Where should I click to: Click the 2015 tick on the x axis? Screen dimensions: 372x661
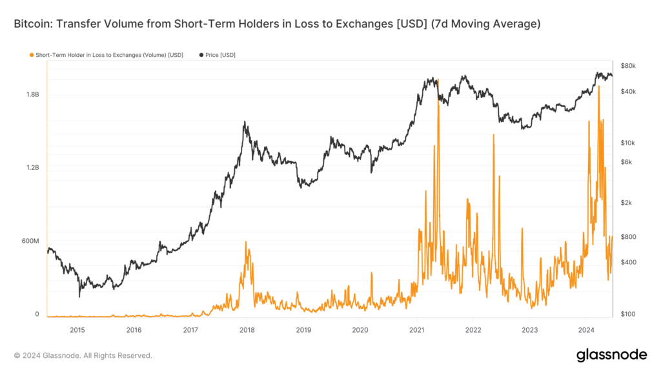click(x=77, y=330)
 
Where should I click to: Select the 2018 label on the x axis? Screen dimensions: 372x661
click(x=247, y=330)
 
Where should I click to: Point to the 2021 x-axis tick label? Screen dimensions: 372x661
click(x=416, y=330)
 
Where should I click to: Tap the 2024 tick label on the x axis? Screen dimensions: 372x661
click(x=586, y=330)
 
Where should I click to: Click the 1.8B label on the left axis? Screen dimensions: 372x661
click(x=32, y=94)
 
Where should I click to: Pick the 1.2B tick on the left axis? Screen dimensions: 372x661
click(x=32, y=168)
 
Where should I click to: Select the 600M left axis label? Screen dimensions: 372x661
click(x=30, y=241)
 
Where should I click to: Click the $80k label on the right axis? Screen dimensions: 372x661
click(x=628, y=66)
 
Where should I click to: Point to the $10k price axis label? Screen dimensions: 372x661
click(x=628, y=143)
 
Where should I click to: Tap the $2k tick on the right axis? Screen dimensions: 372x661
click(x=627, y=203)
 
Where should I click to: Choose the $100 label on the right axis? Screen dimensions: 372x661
click(x=627, y=314)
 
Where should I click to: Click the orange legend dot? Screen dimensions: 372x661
click(x=32, y=55)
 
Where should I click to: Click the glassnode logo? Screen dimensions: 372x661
click(x=611, y=355)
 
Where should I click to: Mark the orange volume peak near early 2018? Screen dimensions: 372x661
click(x=246, y=242)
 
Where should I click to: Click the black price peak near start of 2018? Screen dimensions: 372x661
click(x=245, y=121)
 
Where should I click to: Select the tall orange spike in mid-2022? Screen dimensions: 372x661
click(x=493, y=135)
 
